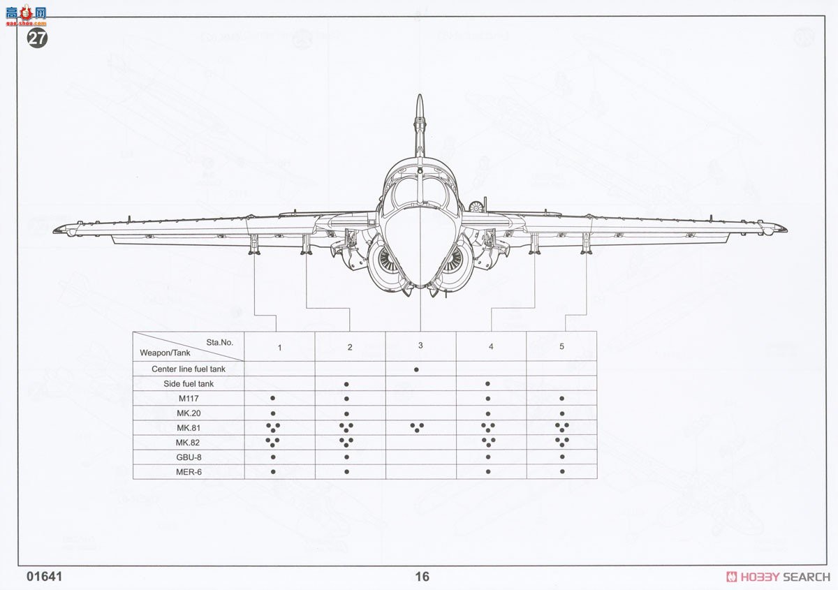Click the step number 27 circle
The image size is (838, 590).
pos(37,38)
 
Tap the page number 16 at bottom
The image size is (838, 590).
pos(422,577)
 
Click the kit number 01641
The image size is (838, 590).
pos(45,577)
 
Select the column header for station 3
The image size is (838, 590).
pos(420,345)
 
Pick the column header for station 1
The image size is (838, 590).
pos(279,347)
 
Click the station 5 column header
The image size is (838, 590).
pos(561,346)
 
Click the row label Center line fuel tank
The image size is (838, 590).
pos(189,369)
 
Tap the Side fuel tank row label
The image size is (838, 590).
pos(189,384)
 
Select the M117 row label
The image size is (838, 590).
pos(189,399)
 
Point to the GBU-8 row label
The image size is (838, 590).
pos(189,457)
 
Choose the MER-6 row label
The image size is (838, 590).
pos(189,472)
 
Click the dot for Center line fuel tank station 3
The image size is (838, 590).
pos(416,369)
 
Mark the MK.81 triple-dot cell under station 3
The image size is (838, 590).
pos(418,427)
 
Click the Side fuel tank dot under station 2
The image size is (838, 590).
pos(346,384)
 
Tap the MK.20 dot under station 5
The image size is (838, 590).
pos(561,413)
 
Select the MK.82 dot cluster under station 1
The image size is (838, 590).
pos(272,441)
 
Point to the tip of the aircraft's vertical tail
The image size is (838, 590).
pos(419,98)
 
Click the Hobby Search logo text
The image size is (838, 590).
pos(778,577)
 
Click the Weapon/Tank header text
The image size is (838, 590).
pos(165,353)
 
